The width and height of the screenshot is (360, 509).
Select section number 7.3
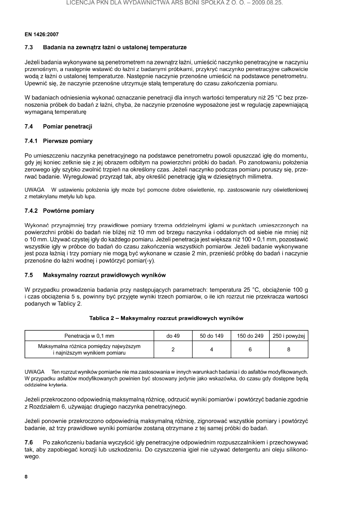pyautogui.click(x=29, y=48)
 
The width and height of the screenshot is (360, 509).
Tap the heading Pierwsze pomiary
pyautogui.click(x=67, y=141)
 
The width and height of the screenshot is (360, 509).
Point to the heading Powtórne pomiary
pyautogui.click(x=68, y=211)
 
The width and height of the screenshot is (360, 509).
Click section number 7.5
pyautogui.click(x=29, y=275)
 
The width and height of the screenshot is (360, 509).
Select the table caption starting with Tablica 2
pyautogui.click(x=166, y=318)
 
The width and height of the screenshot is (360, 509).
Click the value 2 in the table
pyautogui.click(x=173, y=349)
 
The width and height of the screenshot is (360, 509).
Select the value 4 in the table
pyautogui.click(x=211, y=349)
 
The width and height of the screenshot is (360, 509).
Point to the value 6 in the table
pyautogui.click(x=250, y=349)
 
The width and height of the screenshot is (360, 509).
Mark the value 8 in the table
pyautogui.click(x=289, y=349)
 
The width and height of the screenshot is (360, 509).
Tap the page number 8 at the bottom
pyautogui.click(x=26, y=477)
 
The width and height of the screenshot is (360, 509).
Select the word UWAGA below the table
pyautogui.click(x=34, y=371)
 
